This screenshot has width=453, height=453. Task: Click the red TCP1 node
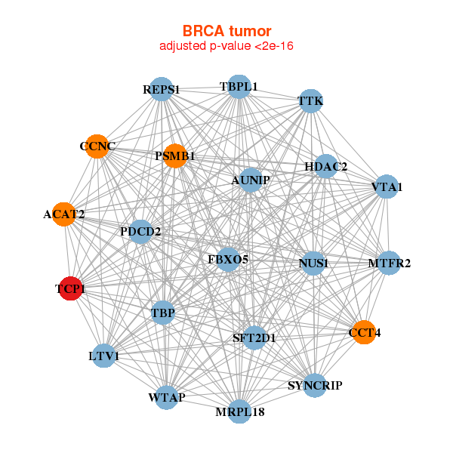70,288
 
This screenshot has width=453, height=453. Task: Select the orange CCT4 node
364,332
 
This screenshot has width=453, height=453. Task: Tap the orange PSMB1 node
174,156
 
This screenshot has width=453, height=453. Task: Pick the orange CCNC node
97,146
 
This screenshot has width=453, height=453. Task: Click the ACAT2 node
64,214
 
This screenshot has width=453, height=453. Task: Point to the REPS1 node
161,90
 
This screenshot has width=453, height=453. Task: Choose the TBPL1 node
239,87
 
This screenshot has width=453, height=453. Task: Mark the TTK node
311,100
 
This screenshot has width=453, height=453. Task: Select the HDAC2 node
325,166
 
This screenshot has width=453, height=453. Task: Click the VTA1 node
387,186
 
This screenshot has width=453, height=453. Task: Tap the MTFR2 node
389,263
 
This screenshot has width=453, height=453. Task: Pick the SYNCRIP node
315,386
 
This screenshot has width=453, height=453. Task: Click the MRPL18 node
239,411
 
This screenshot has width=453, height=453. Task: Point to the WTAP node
167,396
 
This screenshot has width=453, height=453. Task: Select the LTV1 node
103,356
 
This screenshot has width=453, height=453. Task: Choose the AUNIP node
250,180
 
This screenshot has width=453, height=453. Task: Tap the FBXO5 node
228,260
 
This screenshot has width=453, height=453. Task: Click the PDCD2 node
140,231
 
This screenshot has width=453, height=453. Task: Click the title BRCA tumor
226,31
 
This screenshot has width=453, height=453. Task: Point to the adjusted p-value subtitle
226,46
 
